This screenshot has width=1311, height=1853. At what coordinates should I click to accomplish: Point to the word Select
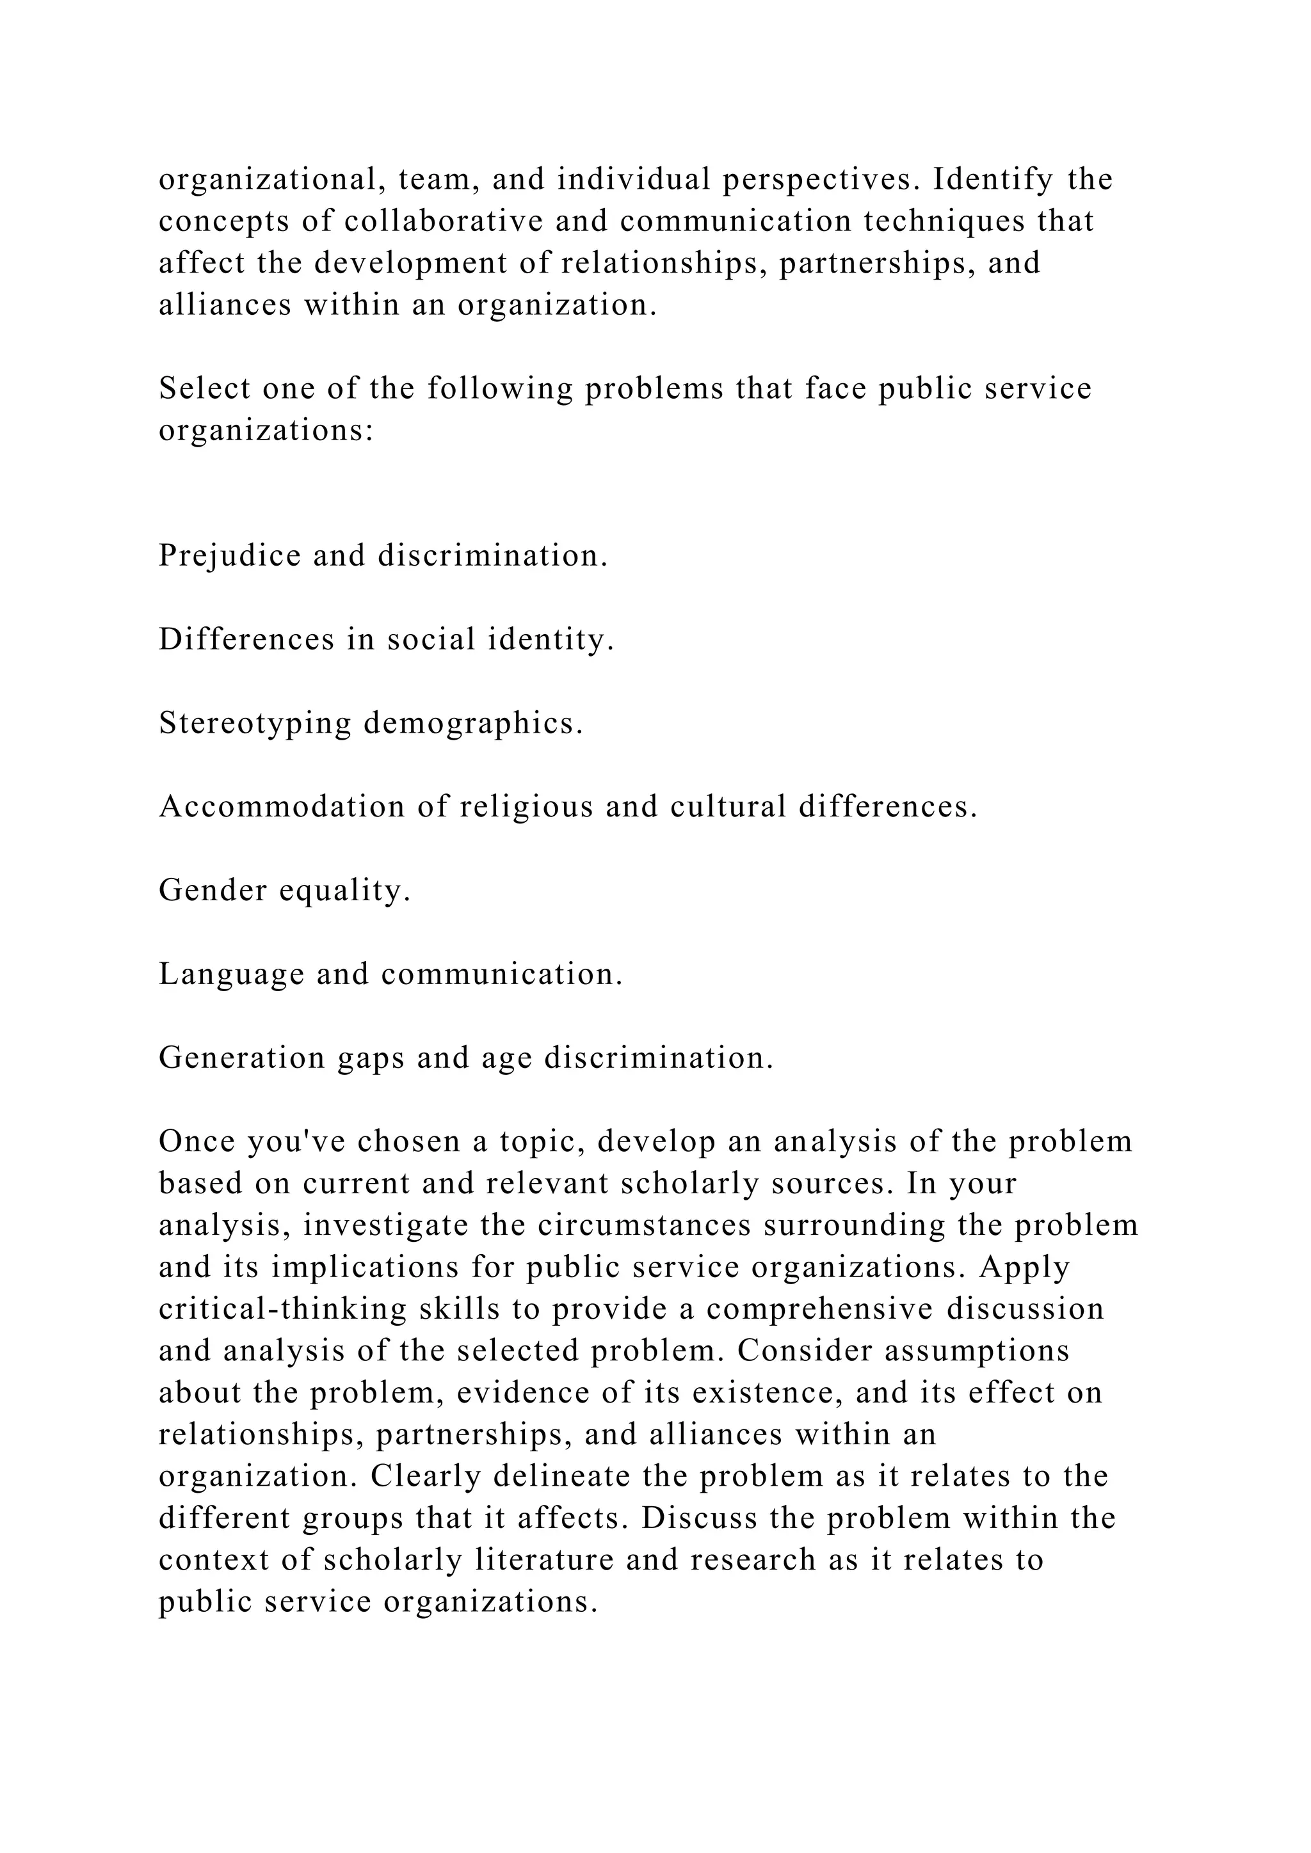click(204, 388)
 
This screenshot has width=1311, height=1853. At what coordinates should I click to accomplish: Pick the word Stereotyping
click(255, 723)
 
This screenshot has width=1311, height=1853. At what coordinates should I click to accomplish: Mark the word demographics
click(473, 723)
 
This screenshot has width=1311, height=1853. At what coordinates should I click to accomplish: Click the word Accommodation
click(282, 806)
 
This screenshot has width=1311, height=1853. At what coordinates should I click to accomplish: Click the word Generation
click(241, 1058)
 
